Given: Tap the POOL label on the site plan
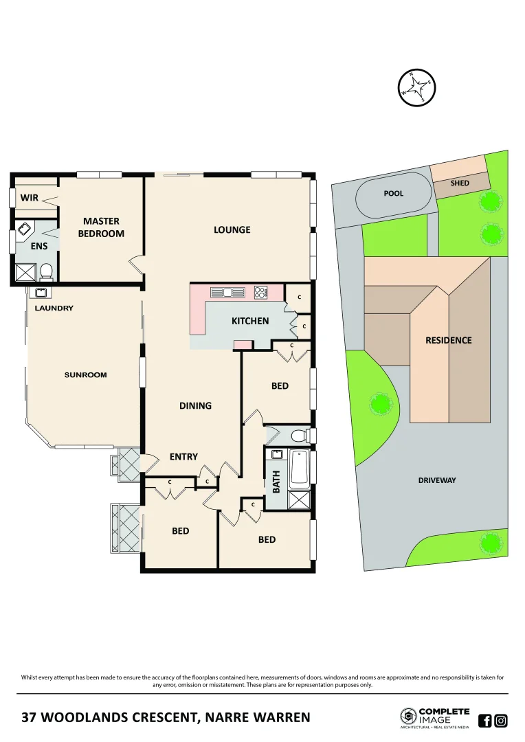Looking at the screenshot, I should coord(393,194).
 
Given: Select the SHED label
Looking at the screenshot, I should coord(460,183).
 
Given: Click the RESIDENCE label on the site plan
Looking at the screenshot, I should coord(449,340).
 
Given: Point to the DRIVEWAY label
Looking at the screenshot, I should coord(437,480).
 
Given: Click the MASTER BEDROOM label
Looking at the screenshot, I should coord(101,227).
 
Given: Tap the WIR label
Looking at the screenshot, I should coord(30,198).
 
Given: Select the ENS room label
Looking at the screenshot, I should coord(39,245).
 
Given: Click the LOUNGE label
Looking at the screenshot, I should coord(232,229).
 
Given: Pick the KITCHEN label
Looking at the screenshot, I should coord(250,321).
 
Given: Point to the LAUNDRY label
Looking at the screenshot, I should coord(54,308).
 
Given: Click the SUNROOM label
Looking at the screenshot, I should coord(86,375).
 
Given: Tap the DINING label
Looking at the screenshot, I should coord(195,405).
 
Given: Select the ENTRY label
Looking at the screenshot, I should coord(183,457).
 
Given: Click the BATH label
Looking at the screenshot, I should coord(277,482).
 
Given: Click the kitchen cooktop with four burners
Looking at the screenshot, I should coord(260,292).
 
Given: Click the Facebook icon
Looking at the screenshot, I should coord(484,721).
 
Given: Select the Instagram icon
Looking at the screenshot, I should coord(501,721).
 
